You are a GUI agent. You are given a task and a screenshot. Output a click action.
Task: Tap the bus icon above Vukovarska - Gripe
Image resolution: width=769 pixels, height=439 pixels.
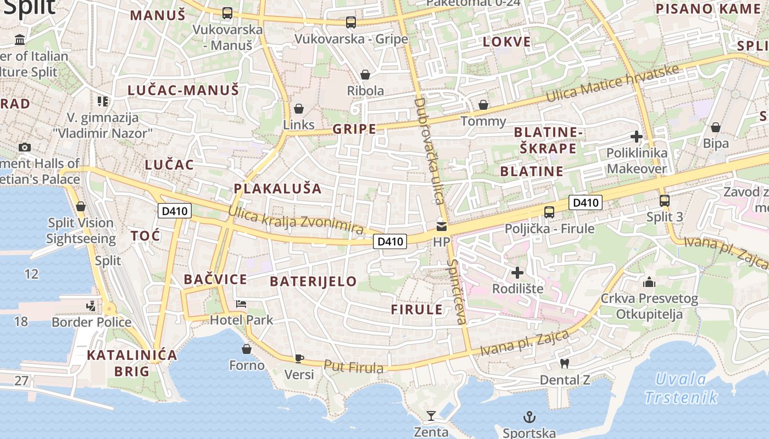click(351, 22)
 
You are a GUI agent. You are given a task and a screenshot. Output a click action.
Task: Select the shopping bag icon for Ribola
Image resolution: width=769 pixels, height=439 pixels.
click(365, 75)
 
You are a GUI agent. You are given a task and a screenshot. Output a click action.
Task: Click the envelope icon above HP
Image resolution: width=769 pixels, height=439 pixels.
click(441, 226)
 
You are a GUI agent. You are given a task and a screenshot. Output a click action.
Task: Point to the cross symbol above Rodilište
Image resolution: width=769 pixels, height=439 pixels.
click(517, 273)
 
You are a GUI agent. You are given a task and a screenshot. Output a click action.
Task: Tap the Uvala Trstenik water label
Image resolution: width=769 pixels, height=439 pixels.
click(681, 388)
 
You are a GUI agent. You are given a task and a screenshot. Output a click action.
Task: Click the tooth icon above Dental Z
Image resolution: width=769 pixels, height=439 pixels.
click(564, 363)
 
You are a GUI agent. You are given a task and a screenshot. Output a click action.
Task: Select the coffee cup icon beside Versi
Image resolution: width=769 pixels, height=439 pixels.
click(299, 358)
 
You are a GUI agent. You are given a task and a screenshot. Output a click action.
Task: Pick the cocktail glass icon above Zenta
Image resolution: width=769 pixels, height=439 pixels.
click(431, 416)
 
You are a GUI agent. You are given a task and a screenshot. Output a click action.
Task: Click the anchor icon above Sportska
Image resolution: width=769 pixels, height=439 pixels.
click(530, 417)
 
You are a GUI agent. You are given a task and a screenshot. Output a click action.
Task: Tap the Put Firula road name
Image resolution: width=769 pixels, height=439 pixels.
click(353, 367)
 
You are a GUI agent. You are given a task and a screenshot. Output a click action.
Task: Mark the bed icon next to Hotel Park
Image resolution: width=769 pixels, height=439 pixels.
click(241, 304)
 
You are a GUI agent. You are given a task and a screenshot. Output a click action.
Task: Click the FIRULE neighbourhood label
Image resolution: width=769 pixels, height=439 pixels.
click(417, 309)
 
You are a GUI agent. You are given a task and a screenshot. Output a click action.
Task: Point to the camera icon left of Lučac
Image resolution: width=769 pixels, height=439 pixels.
click(24, 147)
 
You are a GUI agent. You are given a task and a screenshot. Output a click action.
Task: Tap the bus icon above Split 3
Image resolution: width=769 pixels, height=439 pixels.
click(665, 201)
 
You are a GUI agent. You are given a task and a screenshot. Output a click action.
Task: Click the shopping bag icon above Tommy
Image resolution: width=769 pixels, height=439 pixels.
click(483, 105)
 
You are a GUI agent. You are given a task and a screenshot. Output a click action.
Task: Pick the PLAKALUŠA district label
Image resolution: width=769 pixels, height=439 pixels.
click(277, 189)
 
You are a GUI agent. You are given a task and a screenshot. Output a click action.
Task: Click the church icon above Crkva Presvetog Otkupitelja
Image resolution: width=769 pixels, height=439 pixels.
click(649, 283)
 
